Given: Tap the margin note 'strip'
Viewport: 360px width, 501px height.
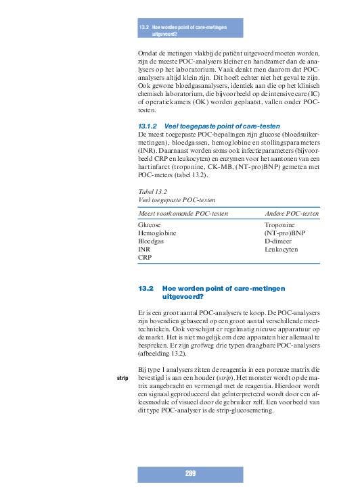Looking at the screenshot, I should [123, 377].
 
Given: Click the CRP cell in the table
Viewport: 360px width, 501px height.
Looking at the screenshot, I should [144, 258].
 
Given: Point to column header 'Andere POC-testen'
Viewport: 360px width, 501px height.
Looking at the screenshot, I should [292, 214].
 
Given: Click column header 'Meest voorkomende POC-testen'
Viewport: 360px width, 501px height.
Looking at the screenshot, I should [182, 214].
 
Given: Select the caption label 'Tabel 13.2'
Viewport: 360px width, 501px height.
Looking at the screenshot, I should [152, 191].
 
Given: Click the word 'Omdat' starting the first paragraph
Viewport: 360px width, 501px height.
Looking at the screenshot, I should [148, 53].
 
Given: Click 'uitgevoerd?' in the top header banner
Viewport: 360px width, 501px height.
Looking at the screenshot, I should [164, 33].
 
